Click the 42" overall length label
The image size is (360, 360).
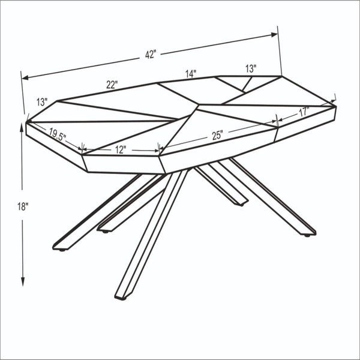pyautogui.click(x=150, y=54)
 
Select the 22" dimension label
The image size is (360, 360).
pyautogui.click(x=112, y=85)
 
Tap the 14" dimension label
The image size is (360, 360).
pyautogui.click(x=191, y=74)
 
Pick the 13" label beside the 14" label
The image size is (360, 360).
pyautogui.click(x=250, y=68)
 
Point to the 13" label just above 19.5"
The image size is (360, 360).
pyautogui.click(x=41, y=101)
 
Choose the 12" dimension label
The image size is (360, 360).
pyautogui.click(x=120, y=149)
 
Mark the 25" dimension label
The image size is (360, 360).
pyautogui.click(x=217, y=136)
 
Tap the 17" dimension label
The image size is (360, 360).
pyautogui.click(x=303, y=111)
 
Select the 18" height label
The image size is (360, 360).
pyautogui.click(x=23, y=206)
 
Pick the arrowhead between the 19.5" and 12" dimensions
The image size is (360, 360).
pyautogui.click(x=82, y=147)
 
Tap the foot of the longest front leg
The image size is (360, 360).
pyautogui.click(x=122, y=295)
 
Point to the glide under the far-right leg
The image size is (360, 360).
pyautogui.click(x=308, y=235)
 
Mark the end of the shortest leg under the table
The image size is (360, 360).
pyautogui.click(x=240, y=203)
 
